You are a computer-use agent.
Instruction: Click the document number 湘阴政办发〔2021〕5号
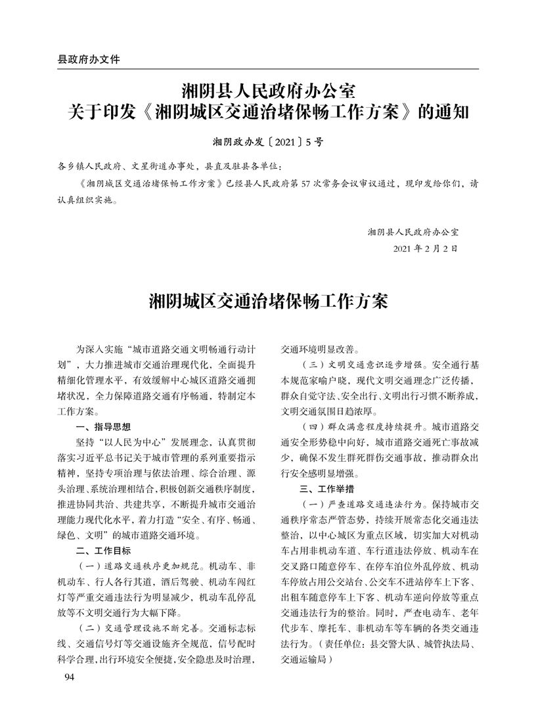[x=268, y=141]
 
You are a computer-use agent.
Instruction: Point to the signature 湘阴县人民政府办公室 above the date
[x=413, y=232]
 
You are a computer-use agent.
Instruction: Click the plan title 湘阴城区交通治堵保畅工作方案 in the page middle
[x=268, y=302]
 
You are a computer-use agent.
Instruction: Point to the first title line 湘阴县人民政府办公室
[x=268, y=89]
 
